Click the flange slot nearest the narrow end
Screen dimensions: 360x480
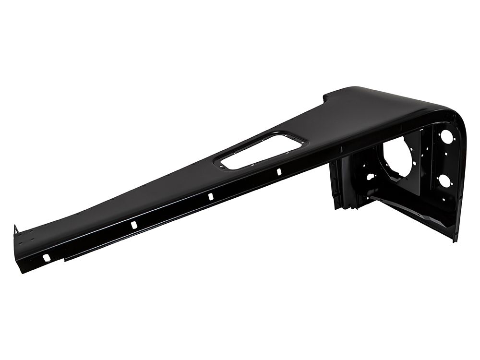point(46,258)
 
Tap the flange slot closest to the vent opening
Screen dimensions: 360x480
point(278,172)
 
